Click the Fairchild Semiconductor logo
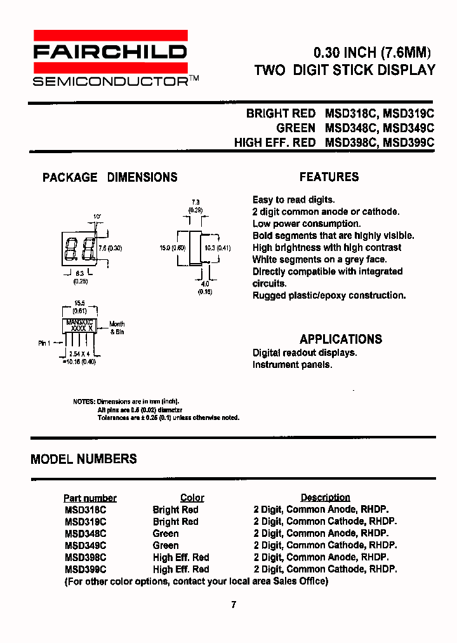pyautogui.click(x=110, y=58)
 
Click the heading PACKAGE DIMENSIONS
pyautogui.click(x=110, y=177)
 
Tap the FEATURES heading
pyautogui.click(x=329, y=177)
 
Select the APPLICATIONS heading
pyautogui.click(x=341, y=339)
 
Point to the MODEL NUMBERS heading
pyautogui.click(x=84, y=458)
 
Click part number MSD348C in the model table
pyautogui.click(x=85, y=534)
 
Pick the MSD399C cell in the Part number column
pyautogui.click(x=85, y=570)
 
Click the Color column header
pyautogui.click(x=192, y=498)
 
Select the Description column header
pyautogui.click(x=325, y=497)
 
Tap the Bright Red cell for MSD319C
pyautogui.click(x=175, y=522)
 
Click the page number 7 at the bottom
pyautogui.click(x=234, y=605)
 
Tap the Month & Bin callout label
pyautogui.click(x=117, y=328)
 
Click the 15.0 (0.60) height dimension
pyautogui.click(x=173, y=248)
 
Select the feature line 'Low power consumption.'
pyautogui.click(x=307, y=224)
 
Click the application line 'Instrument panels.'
pyautogui.click(x=292, y=365)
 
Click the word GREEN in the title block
pyautogui.click(x=296, y=128)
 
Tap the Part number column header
pyautogui.click(x=90, y=498)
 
